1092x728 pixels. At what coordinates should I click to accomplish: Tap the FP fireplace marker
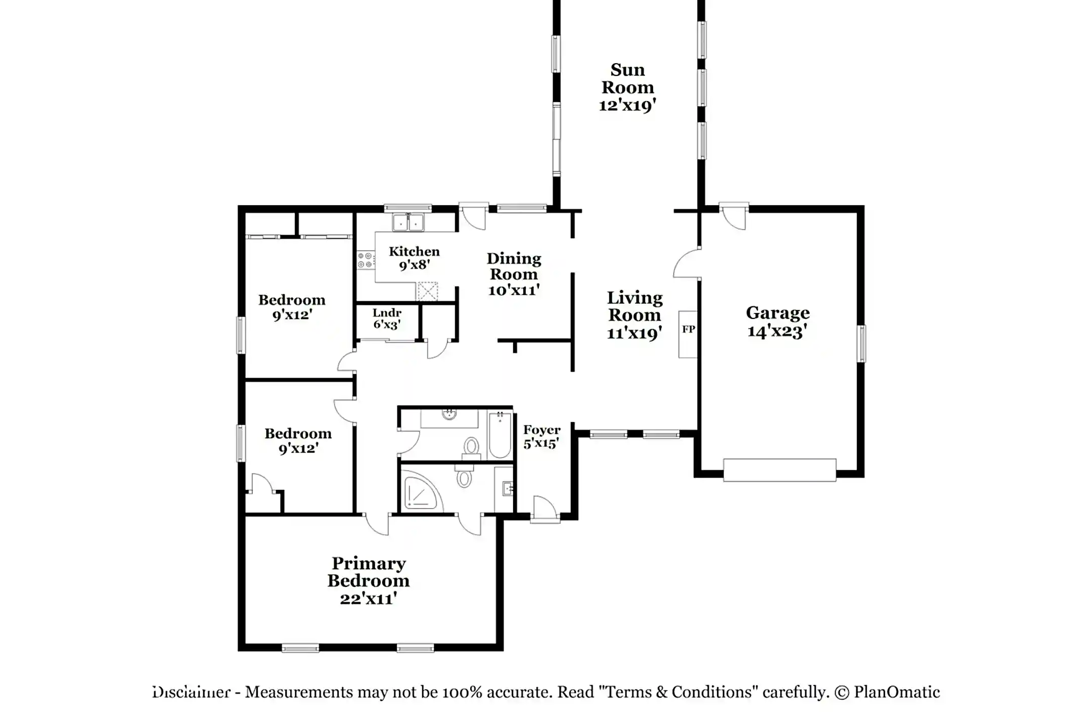tap(688, 330)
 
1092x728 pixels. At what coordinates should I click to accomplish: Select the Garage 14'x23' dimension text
tap(777, 332)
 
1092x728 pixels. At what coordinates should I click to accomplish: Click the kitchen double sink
tap(408, 222)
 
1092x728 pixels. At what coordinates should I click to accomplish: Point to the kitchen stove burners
tap(366, 260)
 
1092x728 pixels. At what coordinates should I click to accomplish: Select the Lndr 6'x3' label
tap(387, 318)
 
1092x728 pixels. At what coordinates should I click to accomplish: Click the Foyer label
tap(541, 430)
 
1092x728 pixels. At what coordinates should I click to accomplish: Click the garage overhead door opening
tap(779, 470)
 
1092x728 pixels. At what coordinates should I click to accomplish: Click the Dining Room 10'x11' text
tap(514, 290)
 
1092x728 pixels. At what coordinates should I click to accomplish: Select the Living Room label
tap(634, 306)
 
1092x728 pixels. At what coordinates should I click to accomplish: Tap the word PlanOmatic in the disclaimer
tap(896, 692)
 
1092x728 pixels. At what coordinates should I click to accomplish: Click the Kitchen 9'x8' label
tap(414, 258)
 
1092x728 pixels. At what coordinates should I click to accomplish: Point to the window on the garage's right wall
tap(861, 344)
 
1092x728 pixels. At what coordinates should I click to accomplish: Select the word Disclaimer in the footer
tap(192, 692)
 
